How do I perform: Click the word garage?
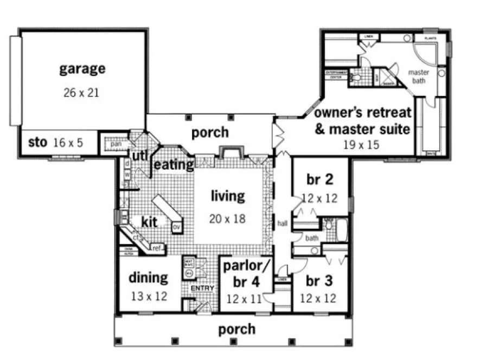click(82, 69)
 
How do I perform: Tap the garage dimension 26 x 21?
click(81, 92)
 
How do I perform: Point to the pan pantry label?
click(115, 144)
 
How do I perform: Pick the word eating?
click(174, 164)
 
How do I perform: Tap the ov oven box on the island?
click(176, 227)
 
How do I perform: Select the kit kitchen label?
click(149, 222)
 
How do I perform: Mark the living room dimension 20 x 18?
click(228, 219)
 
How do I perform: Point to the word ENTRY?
click(201, 288)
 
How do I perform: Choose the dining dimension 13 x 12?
click(148, 297)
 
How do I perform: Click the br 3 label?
click(321, 282)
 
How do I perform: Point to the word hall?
click(283, 222)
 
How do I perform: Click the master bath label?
click(418, 76)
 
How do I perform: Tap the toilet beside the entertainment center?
click(356, 78)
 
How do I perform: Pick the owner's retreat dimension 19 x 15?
click(361, 145)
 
